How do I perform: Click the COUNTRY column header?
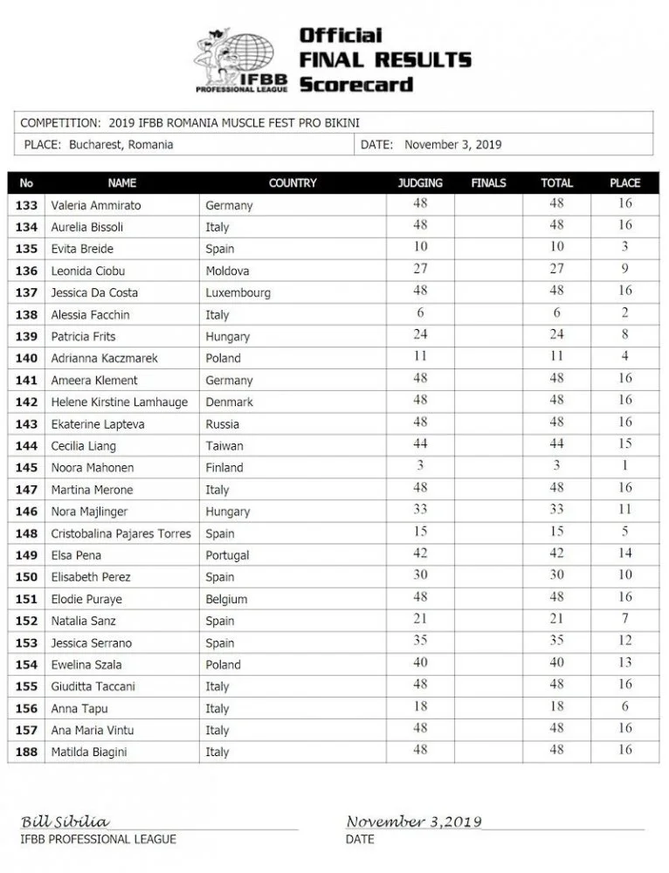[x=293, y=183]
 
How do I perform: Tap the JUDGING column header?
[x=420, y=183]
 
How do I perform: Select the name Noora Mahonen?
[x=86, y=468]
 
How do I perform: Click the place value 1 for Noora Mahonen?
[x=625, y=466]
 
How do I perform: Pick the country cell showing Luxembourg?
[x=238, y=292]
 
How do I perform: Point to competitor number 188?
[x=26, y=752]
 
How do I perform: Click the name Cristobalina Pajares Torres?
[x=121, y=533]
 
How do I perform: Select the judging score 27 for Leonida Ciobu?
[x=420, y=269]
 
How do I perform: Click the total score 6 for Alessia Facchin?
[x=556, y=313]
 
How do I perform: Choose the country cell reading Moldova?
[x=227, y=271]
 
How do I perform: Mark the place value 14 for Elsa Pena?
[x=625, y=553]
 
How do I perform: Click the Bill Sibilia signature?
[x=66, y=821]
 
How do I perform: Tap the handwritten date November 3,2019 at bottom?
[x=413, y=821]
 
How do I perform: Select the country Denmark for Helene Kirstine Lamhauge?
[x=229, y=402]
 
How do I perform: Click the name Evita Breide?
[x=82, y=249]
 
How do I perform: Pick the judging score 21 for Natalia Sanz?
[x=420, y=619]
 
